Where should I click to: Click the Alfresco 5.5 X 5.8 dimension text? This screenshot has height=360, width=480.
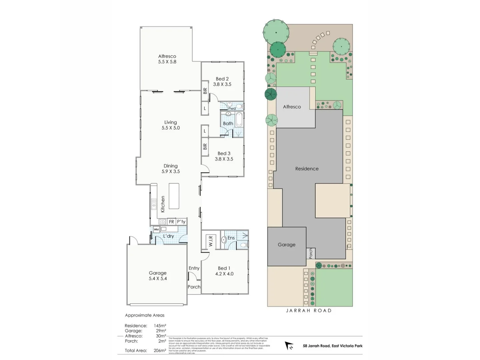167,62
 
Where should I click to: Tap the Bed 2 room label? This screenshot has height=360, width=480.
222,79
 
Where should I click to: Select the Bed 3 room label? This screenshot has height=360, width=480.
224,154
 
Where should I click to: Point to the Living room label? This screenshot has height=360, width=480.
170,122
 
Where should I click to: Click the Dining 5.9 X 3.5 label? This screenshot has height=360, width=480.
170,169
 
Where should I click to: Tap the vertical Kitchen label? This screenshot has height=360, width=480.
163,204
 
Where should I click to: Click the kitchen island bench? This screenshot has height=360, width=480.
174,196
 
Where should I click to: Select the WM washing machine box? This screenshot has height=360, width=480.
156,229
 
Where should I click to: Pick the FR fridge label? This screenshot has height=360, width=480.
171,222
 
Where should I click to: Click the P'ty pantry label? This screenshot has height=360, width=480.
181,222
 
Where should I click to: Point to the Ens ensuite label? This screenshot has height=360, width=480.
231,238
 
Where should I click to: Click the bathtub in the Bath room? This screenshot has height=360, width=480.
239,120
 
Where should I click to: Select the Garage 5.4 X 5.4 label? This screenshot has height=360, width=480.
158,276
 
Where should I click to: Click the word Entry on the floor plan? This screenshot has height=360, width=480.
194,268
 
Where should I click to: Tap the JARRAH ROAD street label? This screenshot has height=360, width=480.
309,310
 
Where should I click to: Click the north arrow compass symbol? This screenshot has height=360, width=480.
289,346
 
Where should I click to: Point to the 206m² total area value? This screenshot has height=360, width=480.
160,350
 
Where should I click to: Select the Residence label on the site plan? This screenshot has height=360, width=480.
307,169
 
